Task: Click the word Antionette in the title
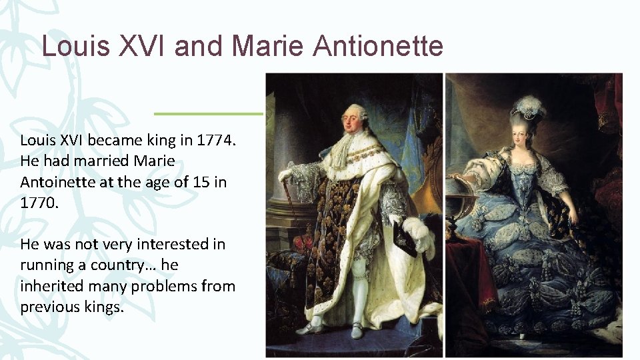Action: (x=378, y=47)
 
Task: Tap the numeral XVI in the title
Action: (x=141, y=47)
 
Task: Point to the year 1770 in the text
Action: (x=39, y=202)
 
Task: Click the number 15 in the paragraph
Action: (x=193, y=182)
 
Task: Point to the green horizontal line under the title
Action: (x=209, y=113)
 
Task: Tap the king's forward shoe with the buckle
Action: (x=308, y=328)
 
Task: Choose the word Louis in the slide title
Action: (x=73, y=47)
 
